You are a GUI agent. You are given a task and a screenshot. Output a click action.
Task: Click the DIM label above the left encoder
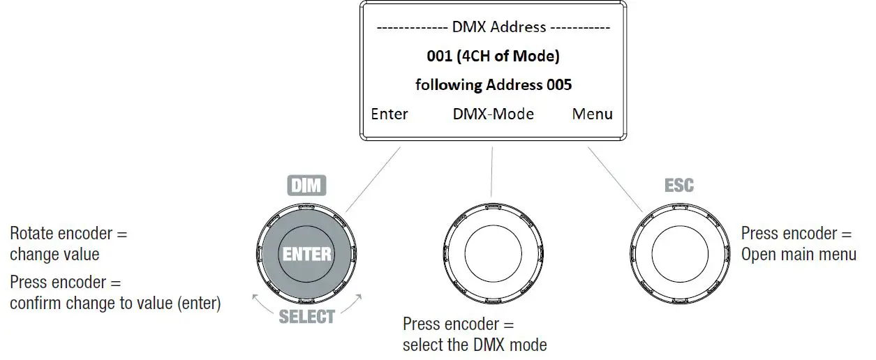click(x=307, y=186)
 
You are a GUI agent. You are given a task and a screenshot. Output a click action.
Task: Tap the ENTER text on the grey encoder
click(x=307, y=255)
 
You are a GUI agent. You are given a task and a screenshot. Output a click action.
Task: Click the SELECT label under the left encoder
click(x=307, y=316)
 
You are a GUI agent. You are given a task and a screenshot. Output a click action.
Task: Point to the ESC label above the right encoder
click(x=678, y=186)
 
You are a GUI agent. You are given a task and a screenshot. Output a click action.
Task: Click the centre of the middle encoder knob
click(x=492, y=255)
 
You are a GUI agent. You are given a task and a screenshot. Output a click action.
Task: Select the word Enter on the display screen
click(x=389, y=114)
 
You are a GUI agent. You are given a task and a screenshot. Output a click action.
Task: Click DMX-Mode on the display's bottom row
click(x=493, y=114)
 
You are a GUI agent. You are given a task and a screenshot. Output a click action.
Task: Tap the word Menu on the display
click(x=593, y=114)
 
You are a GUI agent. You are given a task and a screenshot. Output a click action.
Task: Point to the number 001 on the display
click(x=439, y=56)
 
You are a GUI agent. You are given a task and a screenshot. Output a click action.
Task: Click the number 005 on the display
click(x=558, y=85)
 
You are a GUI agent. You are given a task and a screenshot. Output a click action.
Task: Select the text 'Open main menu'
click(x=799, y=255)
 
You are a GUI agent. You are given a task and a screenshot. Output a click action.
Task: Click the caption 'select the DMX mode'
click(x=475, y=344)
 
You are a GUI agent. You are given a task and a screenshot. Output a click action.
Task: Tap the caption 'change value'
click(x=54, y=255)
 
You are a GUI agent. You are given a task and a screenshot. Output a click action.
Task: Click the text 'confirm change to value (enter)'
click(x=115, y=303)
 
